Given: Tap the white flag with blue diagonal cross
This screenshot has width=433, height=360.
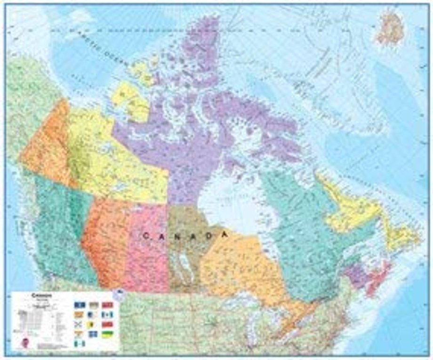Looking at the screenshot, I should tap(79, 324).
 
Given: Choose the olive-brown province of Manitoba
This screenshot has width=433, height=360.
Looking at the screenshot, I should tap(188, 249).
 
